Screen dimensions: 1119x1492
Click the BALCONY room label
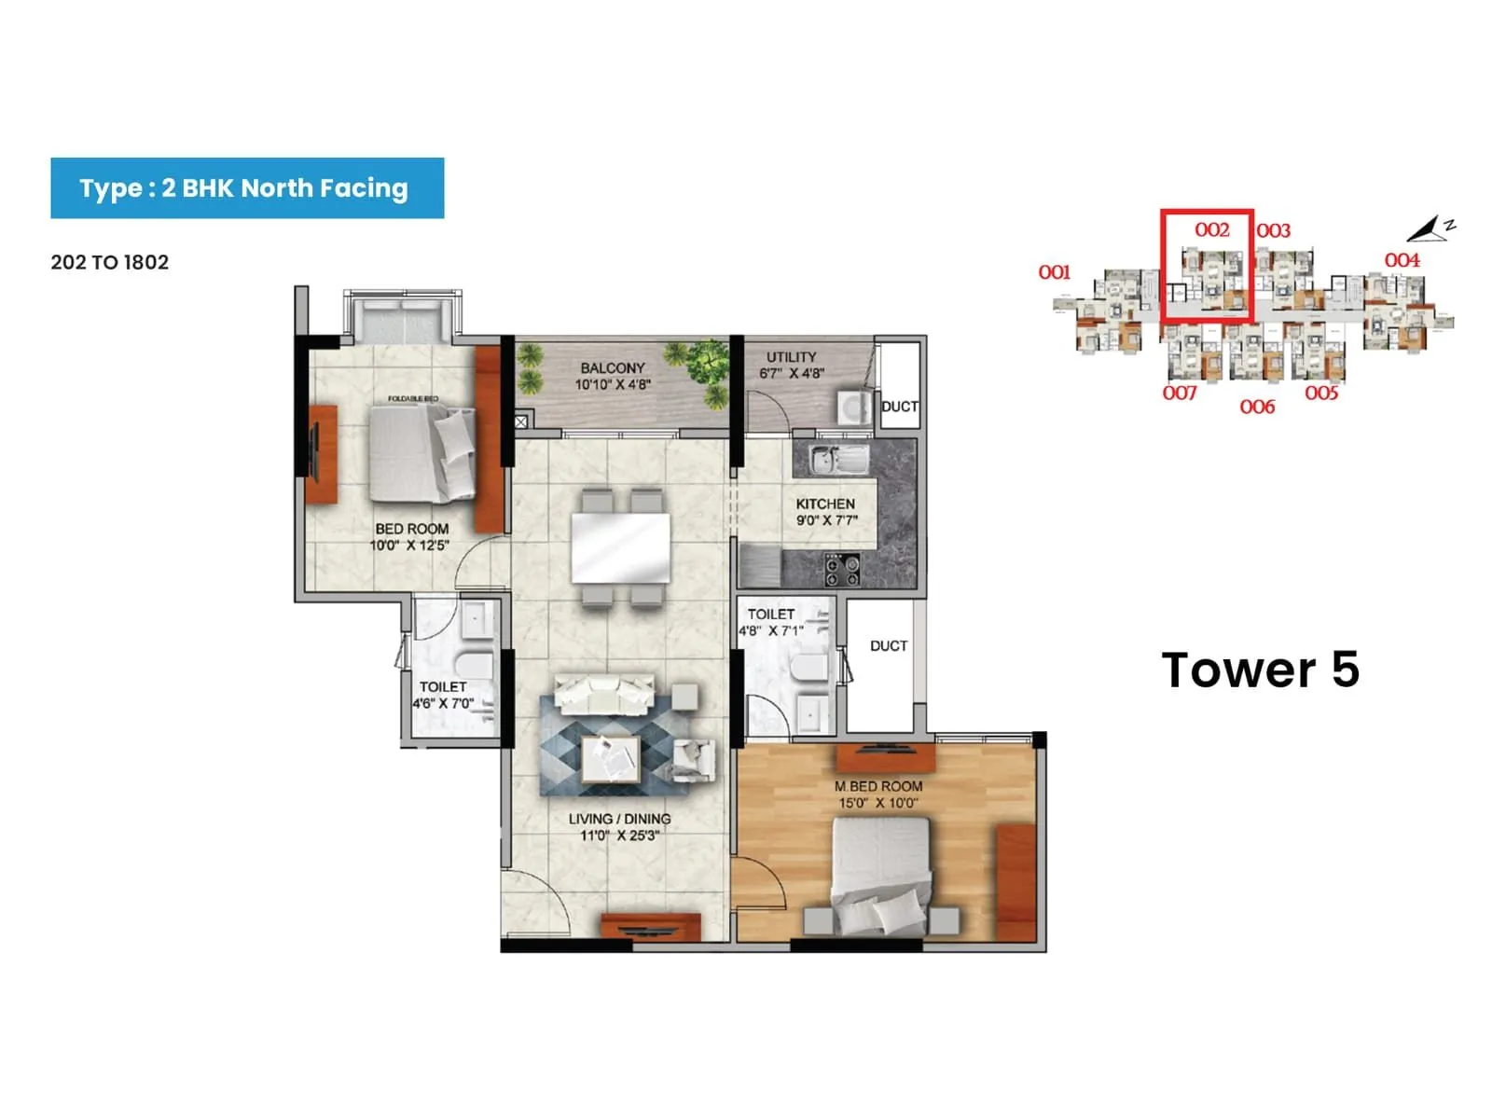click(612, 367)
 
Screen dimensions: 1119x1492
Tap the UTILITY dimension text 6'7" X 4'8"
click(791, 374)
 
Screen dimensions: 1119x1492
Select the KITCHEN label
click(824, 504)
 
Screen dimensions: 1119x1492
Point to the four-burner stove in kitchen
click(842, 568)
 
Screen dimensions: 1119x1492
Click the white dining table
click(620, 549)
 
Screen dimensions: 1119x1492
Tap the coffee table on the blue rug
click(611, 758)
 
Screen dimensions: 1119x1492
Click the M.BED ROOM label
click(878, 786)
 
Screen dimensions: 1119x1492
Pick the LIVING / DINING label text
click(619, 819)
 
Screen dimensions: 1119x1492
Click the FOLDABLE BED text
click(413, 399)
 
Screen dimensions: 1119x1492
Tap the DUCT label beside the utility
click(900, 407)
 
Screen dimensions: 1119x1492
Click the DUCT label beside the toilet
click(888, 645)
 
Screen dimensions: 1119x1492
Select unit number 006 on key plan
click(1257, 407)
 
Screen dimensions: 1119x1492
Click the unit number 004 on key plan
click(1402, 260)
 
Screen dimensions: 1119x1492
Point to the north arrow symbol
click(1429, 228)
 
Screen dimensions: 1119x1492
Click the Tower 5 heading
click(1260, 670)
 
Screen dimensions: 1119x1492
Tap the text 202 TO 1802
click(110, 262)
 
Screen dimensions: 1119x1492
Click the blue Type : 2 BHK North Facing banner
click(247, 188)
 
